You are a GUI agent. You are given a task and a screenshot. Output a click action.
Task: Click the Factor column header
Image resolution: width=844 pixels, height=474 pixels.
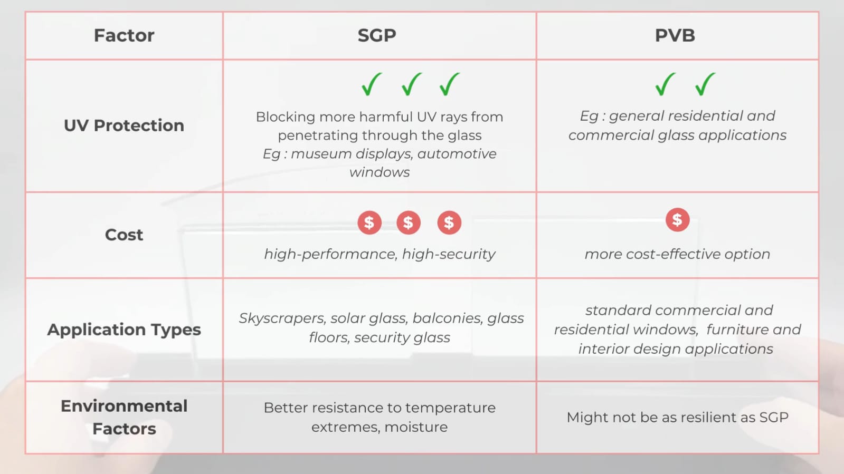[124, 35]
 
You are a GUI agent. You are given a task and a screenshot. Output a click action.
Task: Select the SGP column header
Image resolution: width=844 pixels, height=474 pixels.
[377, 35]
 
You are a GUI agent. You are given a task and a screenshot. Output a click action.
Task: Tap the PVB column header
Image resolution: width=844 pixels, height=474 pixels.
[675, 35]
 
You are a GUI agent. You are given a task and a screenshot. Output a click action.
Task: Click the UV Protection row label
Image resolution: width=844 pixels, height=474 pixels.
[124, 125]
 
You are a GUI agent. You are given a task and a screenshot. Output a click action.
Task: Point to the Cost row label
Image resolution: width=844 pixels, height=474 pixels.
[124, 235]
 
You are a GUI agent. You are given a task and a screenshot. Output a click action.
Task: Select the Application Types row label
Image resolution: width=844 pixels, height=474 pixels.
[124, 330]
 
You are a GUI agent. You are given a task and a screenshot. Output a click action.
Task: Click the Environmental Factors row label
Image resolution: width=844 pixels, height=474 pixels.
[124, 417]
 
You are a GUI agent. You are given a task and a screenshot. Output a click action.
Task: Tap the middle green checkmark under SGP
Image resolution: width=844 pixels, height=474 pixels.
[411, 84]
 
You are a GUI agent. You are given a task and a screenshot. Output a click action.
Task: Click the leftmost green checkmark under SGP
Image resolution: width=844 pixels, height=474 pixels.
[372, 84]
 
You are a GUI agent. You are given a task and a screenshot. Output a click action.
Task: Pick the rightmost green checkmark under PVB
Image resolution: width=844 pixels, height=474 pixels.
[705, 84]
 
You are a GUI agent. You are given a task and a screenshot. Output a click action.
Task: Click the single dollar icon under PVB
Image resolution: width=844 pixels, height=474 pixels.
[677, 220]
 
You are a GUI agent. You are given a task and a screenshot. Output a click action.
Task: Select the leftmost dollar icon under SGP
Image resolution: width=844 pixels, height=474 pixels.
[369, 223]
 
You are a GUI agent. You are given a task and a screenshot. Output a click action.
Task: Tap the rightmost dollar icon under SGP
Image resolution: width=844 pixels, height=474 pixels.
[449, 223]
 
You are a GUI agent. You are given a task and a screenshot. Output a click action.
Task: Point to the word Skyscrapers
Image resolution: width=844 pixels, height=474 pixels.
[282, 318]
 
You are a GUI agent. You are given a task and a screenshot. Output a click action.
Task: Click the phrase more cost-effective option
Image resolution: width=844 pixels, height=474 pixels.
[677, 254]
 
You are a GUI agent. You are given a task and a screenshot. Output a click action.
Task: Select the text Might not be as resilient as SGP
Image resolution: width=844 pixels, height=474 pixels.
[677, 417]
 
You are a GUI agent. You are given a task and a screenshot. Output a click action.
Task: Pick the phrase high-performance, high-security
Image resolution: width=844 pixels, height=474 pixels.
[380, 254]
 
